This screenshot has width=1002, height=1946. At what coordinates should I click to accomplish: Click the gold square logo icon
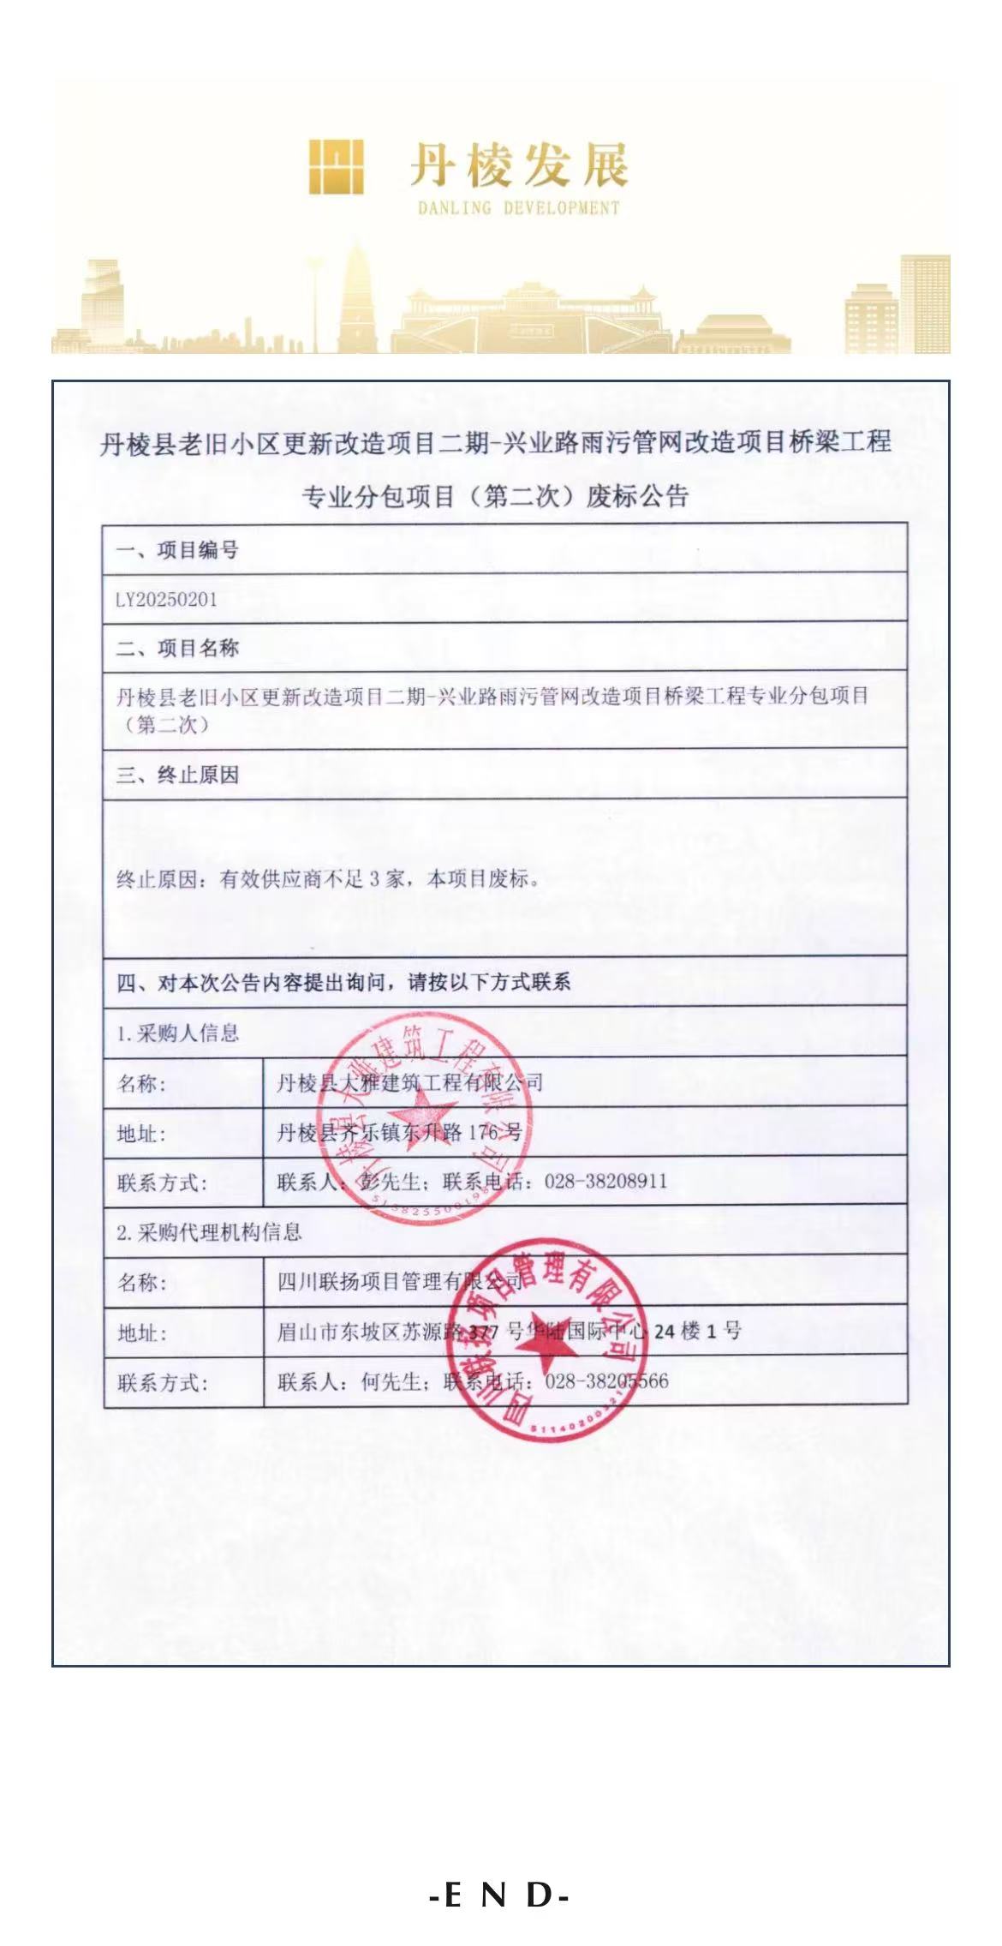[x=336, y=166]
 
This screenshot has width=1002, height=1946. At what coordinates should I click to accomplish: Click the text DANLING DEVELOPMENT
[x=518, y=207]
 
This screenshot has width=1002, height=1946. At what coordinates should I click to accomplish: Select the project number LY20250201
[x=166, y=600]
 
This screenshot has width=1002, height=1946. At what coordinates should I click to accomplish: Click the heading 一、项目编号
[x=177, y=550]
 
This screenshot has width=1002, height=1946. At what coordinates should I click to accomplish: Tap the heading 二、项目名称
[x=177, y=649]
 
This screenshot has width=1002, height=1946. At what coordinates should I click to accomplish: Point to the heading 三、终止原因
[x=177, y=775]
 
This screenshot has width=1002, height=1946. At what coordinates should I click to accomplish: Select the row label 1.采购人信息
[x=177, y=1033]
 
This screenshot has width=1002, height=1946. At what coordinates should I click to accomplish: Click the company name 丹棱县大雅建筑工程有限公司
[x=409, y=1083]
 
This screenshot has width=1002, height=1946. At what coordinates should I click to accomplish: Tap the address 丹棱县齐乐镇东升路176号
[x=399, y=1133]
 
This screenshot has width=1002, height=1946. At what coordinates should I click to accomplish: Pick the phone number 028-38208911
[x=605, y=1182]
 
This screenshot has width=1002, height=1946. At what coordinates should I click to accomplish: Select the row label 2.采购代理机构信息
[x=209, y=1232]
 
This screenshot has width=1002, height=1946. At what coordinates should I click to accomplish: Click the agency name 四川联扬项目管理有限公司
[x=399, y=1282]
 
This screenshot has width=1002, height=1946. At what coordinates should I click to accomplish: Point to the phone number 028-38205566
[x=606, y=1381]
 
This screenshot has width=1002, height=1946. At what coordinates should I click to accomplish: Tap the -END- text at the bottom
[x=500, y=1895]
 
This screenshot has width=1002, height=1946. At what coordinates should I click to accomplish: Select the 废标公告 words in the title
[x=637, y=496]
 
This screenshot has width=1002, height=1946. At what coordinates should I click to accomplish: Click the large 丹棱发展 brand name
[x=518, y=165]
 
